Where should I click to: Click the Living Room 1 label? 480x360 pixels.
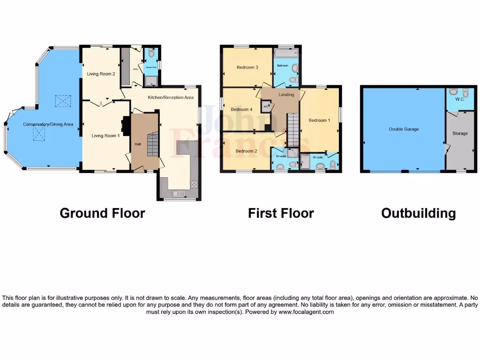tap(105, 135)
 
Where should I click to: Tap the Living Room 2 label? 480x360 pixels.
tap(101, 74)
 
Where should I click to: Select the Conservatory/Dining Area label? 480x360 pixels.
tap(48, 124)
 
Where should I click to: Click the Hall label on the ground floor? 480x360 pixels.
tap(138, 144)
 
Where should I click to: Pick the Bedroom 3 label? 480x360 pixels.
tap(247, 67)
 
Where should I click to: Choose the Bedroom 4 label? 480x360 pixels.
tap(241, 110)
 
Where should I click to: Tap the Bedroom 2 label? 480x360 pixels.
tap(246, 151)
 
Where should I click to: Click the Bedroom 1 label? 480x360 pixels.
tap(319, 120)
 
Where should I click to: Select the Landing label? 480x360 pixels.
tap(286, 95)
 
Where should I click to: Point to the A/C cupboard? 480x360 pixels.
tap(266, 107)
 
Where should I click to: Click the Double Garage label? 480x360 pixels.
tap(404, 129)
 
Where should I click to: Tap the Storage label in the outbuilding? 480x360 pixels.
tap(460, 134)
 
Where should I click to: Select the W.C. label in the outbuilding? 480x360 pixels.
tap(454, 99)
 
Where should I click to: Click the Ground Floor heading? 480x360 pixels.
tap(102, 213)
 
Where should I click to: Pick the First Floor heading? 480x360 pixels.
tap(281, 213)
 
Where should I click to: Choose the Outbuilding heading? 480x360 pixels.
tap(418, 213)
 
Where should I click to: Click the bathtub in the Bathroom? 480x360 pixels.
tap(286, 53)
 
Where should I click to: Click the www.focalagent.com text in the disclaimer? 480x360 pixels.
tap(306, 312)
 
